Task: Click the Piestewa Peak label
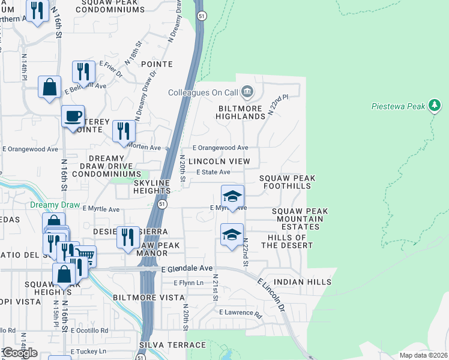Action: click(x=397, y=106)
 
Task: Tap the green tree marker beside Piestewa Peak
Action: click(x=435, y=106)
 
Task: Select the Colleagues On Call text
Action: click(x=203, y=92)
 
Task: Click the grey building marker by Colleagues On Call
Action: click(x=247, y=92)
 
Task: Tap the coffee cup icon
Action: click(x=73, y=116)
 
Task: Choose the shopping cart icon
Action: click(x=86, y=257)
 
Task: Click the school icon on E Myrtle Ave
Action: click(x=232, y=196)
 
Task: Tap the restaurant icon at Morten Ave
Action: click(x=124, y=131)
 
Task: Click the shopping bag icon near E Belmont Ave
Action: click(x=49, y=86)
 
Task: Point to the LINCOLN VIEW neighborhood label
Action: click(x=219, y=161)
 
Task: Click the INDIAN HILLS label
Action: click(x=302, y=281)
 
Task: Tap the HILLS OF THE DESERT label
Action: click(x=287, y=241)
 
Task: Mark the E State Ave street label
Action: click(x=214, y=172)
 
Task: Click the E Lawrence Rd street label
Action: click(x=241, y=313)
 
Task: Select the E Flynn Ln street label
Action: click(x=190, y=283)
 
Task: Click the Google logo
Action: click(x=19, y=353)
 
